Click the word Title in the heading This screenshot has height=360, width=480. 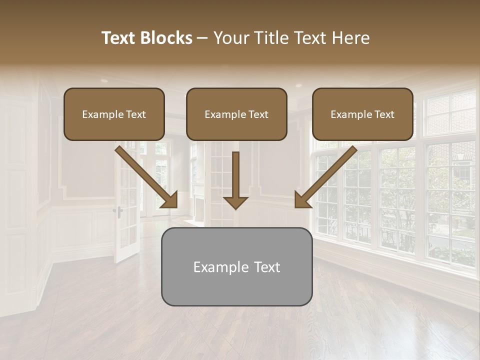[270, 38]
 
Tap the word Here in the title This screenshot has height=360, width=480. [350, 38]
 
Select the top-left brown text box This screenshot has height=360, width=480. [114, 114]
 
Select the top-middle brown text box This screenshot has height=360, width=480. [236, 114]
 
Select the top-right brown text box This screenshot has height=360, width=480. [362, 114]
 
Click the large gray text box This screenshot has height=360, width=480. [236, 266]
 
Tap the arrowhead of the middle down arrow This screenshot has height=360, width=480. [235, 202]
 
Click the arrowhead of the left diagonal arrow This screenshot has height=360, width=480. [170, 200]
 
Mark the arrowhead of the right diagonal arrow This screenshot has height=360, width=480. [302, 200]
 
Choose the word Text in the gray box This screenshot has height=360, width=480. [267, 267]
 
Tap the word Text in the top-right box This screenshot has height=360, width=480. [384, 114]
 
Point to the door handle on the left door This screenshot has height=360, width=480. [119, 210]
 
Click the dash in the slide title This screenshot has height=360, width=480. [202, 38]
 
